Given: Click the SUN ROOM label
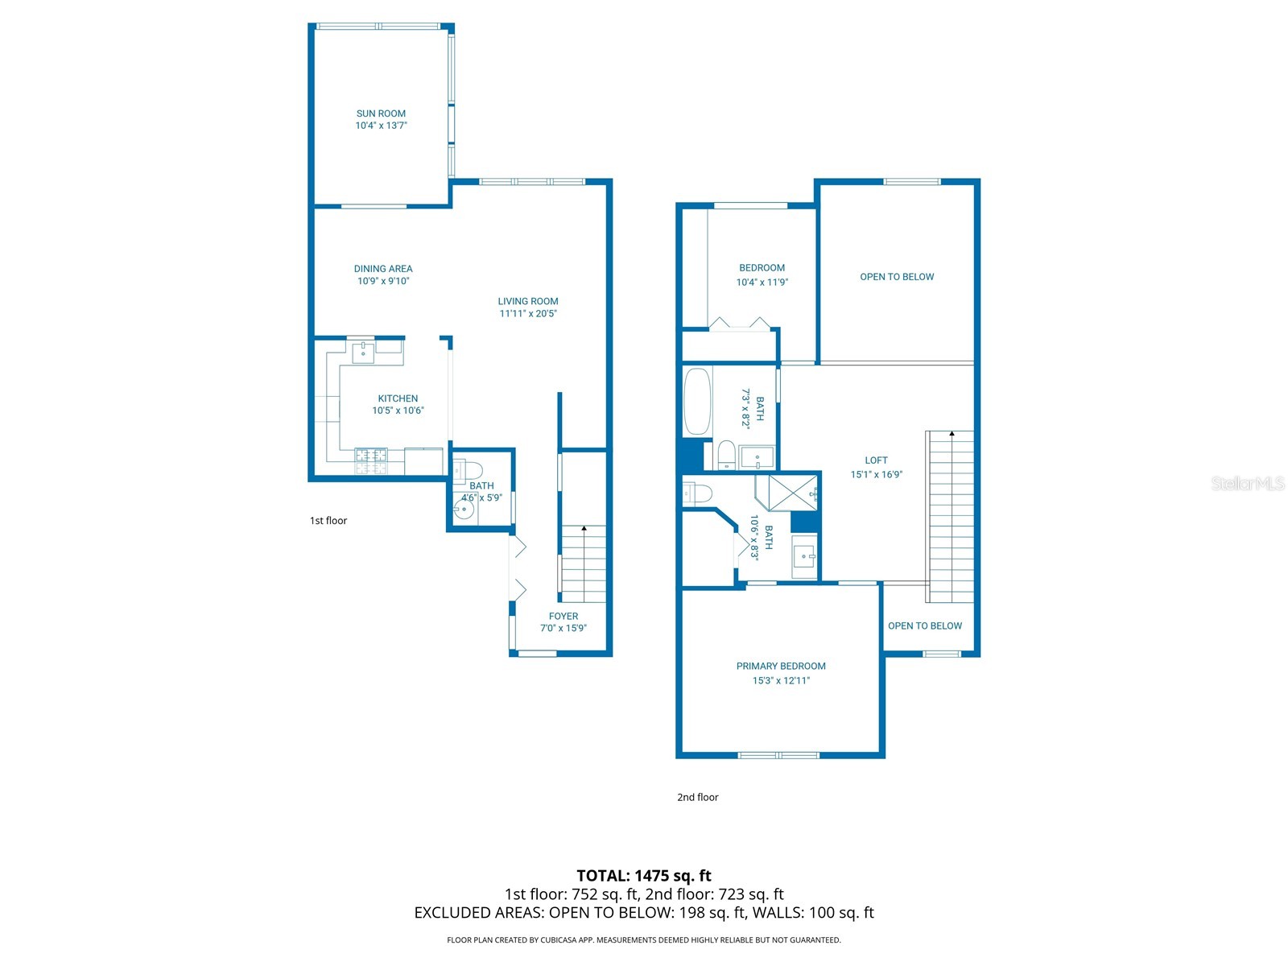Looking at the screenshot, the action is coord(381,114).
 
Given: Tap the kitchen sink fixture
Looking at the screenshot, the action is coord(363,353).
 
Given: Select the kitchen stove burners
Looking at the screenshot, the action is coord(371,461).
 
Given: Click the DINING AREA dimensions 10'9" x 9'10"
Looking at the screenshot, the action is coord(383,281).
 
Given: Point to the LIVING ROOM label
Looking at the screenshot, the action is coord(528,301).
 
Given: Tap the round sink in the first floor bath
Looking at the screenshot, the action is coord(464,510).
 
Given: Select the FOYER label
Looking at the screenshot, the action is coord(563,617).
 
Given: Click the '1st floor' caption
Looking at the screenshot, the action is coord(328,521).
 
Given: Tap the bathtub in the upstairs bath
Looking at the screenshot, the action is coord(698,402).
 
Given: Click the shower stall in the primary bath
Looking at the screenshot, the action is coord(786,493).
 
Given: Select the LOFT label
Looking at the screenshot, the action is coord(876,461).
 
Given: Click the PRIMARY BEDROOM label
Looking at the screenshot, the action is coord(781,667).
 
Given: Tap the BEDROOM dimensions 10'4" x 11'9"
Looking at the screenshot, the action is coord(762,283).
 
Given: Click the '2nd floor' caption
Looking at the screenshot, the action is coord(698,798).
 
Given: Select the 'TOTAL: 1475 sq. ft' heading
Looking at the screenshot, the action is coord(644,877).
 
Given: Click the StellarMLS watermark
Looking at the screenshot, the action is coord(1248,484).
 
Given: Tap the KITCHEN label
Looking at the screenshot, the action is coord(398,398).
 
